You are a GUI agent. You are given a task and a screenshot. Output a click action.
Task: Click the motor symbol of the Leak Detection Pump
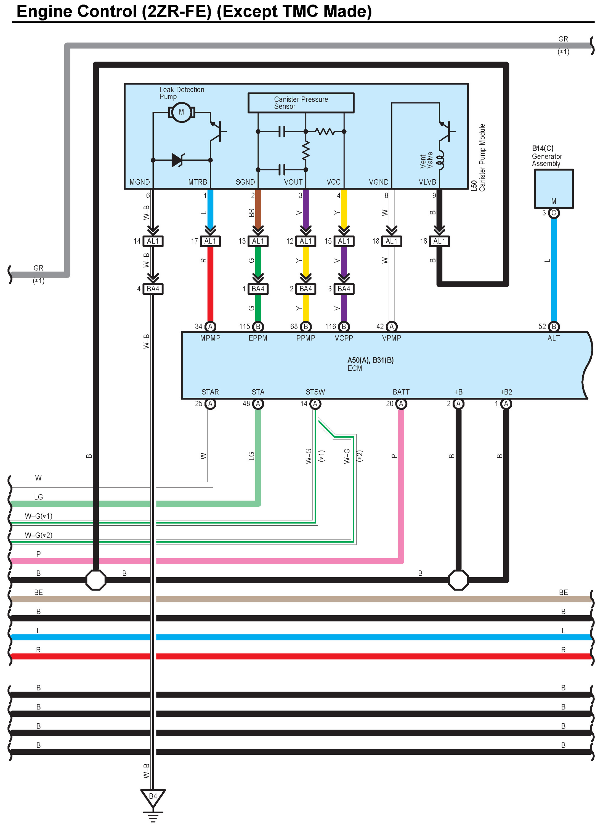click(x=181, y=112)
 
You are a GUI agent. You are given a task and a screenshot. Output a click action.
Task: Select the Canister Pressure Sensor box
click(x=301, y=103)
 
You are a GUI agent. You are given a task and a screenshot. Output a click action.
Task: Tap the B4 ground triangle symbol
click(x=153, y=797)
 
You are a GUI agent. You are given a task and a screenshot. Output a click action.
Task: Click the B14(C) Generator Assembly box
click(x=553, y=188)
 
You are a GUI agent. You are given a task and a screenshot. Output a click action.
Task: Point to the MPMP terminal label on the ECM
click(x=210, y=338)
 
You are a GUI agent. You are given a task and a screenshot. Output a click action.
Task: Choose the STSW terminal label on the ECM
click(x=315, y=392)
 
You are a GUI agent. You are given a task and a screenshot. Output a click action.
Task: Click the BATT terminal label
click(x=401, y=392)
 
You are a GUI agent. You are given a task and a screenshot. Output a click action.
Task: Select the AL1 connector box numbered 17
click(x=210, y=241)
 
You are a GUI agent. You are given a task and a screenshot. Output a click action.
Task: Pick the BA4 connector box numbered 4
click(x=153, y=289)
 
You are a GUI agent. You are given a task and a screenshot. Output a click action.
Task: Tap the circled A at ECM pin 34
click(x=210, y=327)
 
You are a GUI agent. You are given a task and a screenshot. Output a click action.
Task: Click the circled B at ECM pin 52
click(x=554, y=327)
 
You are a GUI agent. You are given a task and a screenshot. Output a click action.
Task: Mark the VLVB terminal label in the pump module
click(x=427, y=182)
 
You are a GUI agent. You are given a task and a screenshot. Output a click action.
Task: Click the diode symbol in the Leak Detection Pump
click(x=177, y=160)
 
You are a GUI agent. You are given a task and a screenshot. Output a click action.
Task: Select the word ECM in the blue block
click(x=354, y=368)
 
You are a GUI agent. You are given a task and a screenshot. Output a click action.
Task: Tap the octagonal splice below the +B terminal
click(x=458, y=580)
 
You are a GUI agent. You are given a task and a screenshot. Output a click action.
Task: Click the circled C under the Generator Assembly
click(x=554, y=213)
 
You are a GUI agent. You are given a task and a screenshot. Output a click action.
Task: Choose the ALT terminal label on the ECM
click(x=553, y=338)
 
